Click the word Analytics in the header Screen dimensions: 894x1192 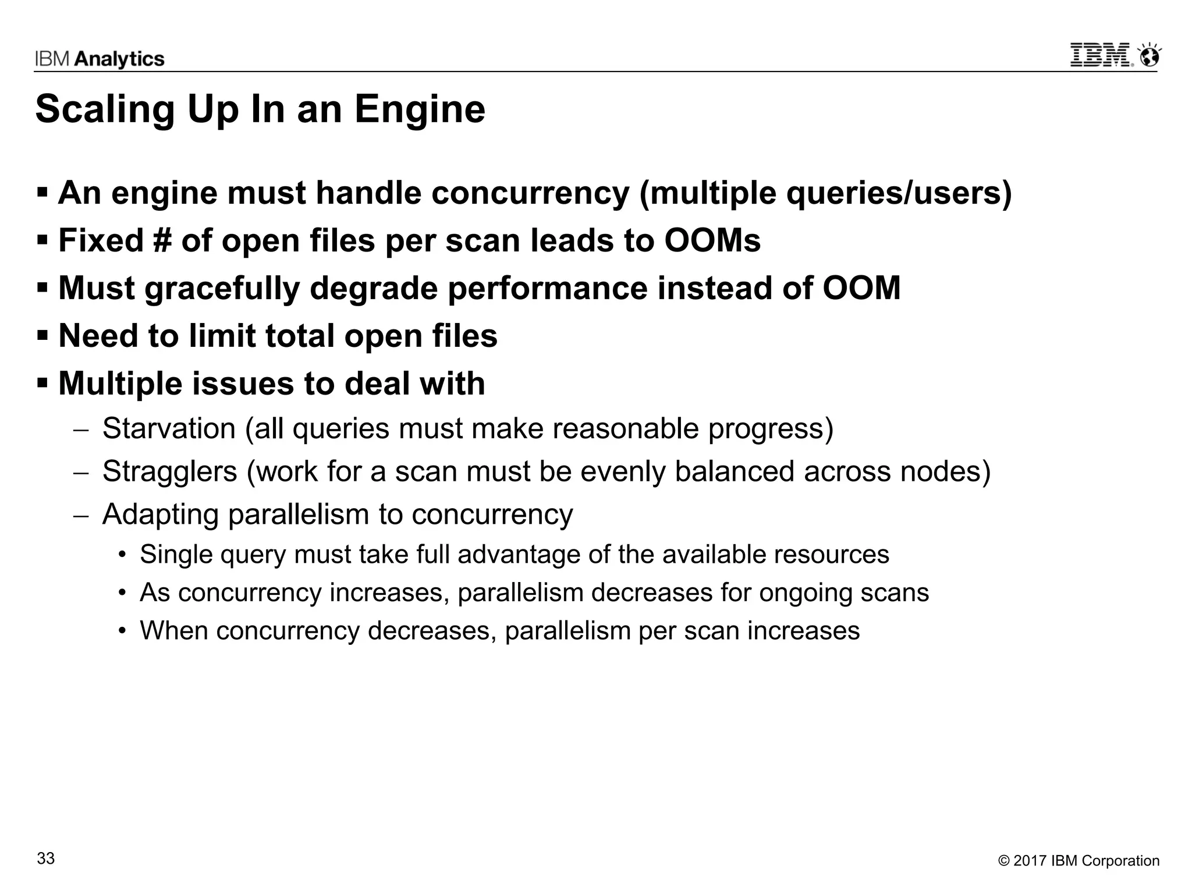[120, 59]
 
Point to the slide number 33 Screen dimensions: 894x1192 [46, 858]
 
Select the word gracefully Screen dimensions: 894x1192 [222, 289]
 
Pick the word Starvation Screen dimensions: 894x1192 [169, 429]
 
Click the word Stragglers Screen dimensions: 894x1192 [169, 471]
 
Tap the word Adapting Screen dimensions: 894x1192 [160, 515]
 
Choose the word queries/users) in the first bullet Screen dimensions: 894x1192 [899, 193]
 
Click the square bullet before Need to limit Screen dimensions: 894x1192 [42, 336]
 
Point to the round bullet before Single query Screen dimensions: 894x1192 [122, 555]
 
